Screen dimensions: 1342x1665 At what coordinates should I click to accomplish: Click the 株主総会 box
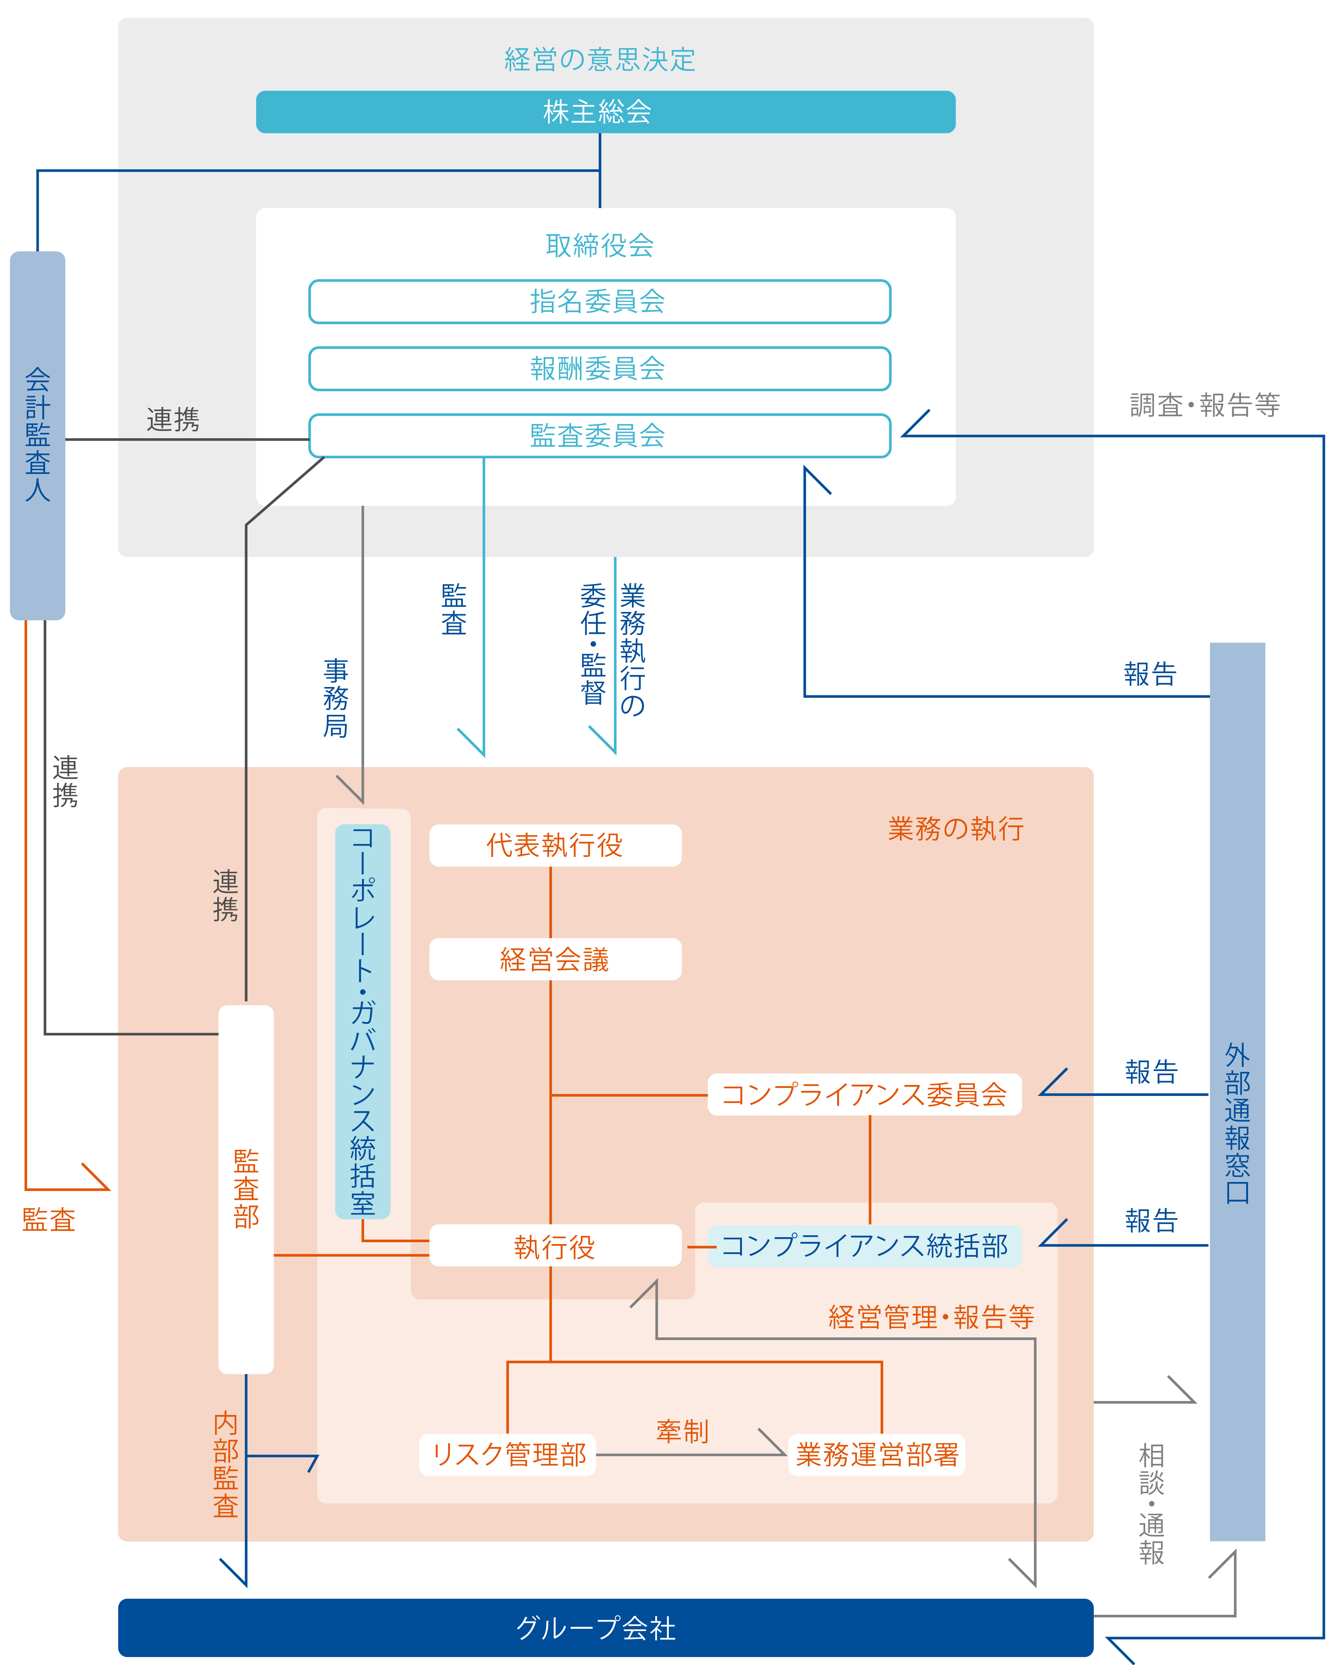(605, 112)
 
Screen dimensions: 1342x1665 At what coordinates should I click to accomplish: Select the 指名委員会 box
(600, 301)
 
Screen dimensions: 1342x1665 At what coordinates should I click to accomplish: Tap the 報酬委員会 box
(600, 369)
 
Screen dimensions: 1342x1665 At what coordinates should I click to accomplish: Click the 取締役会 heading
(600, 246)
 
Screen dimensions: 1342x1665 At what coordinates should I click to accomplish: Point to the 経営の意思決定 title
(600, 60)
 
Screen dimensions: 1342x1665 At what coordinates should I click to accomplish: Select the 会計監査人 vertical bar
(37, 435)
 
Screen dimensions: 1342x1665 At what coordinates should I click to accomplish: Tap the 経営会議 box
(555, 959)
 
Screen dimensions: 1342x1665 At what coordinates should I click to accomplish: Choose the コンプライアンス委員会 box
(864, 1095)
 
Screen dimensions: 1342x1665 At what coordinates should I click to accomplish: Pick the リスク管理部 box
(508, 1455)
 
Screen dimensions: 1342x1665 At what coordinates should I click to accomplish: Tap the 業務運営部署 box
(877, 1455)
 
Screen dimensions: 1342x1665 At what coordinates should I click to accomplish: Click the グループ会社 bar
(605, 1628)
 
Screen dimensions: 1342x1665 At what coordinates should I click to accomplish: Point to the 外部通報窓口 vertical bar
(1237, 1092)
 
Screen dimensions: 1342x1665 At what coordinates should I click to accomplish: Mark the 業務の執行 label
(955, 829)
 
